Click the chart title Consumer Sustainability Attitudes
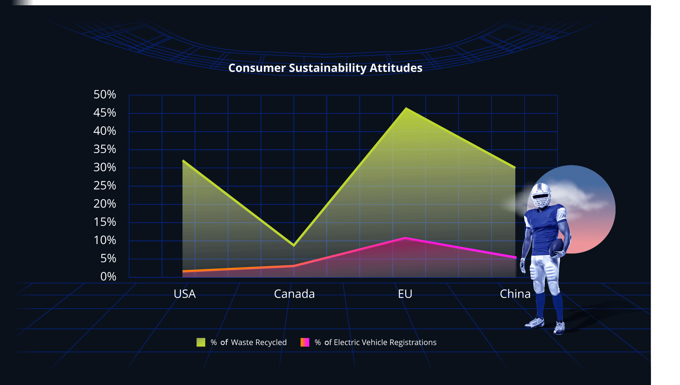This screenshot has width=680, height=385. coord(325,68)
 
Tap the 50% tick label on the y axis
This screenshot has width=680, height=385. coord(105,94)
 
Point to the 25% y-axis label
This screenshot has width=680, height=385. coord(105,186)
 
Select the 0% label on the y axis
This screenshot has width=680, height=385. coord(108,276)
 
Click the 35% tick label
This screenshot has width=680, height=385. coord(105,149)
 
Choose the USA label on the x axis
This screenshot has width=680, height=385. coord(185,294)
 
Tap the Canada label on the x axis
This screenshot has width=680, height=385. coord(294,294)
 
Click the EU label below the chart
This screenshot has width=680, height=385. coord(405,294)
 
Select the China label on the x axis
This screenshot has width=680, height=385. coord(515,294)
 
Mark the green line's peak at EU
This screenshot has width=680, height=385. coord(406,108)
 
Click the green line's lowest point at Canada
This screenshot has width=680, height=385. coord(294,245)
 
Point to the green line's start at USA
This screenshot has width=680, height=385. coord(183,161)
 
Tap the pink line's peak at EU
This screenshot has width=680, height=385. coord(405,238)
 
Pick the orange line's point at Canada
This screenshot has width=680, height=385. coord(294,266)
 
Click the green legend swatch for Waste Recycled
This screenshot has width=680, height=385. coord(201,342)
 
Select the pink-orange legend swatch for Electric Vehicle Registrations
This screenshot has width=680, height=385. coord(305,342)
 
